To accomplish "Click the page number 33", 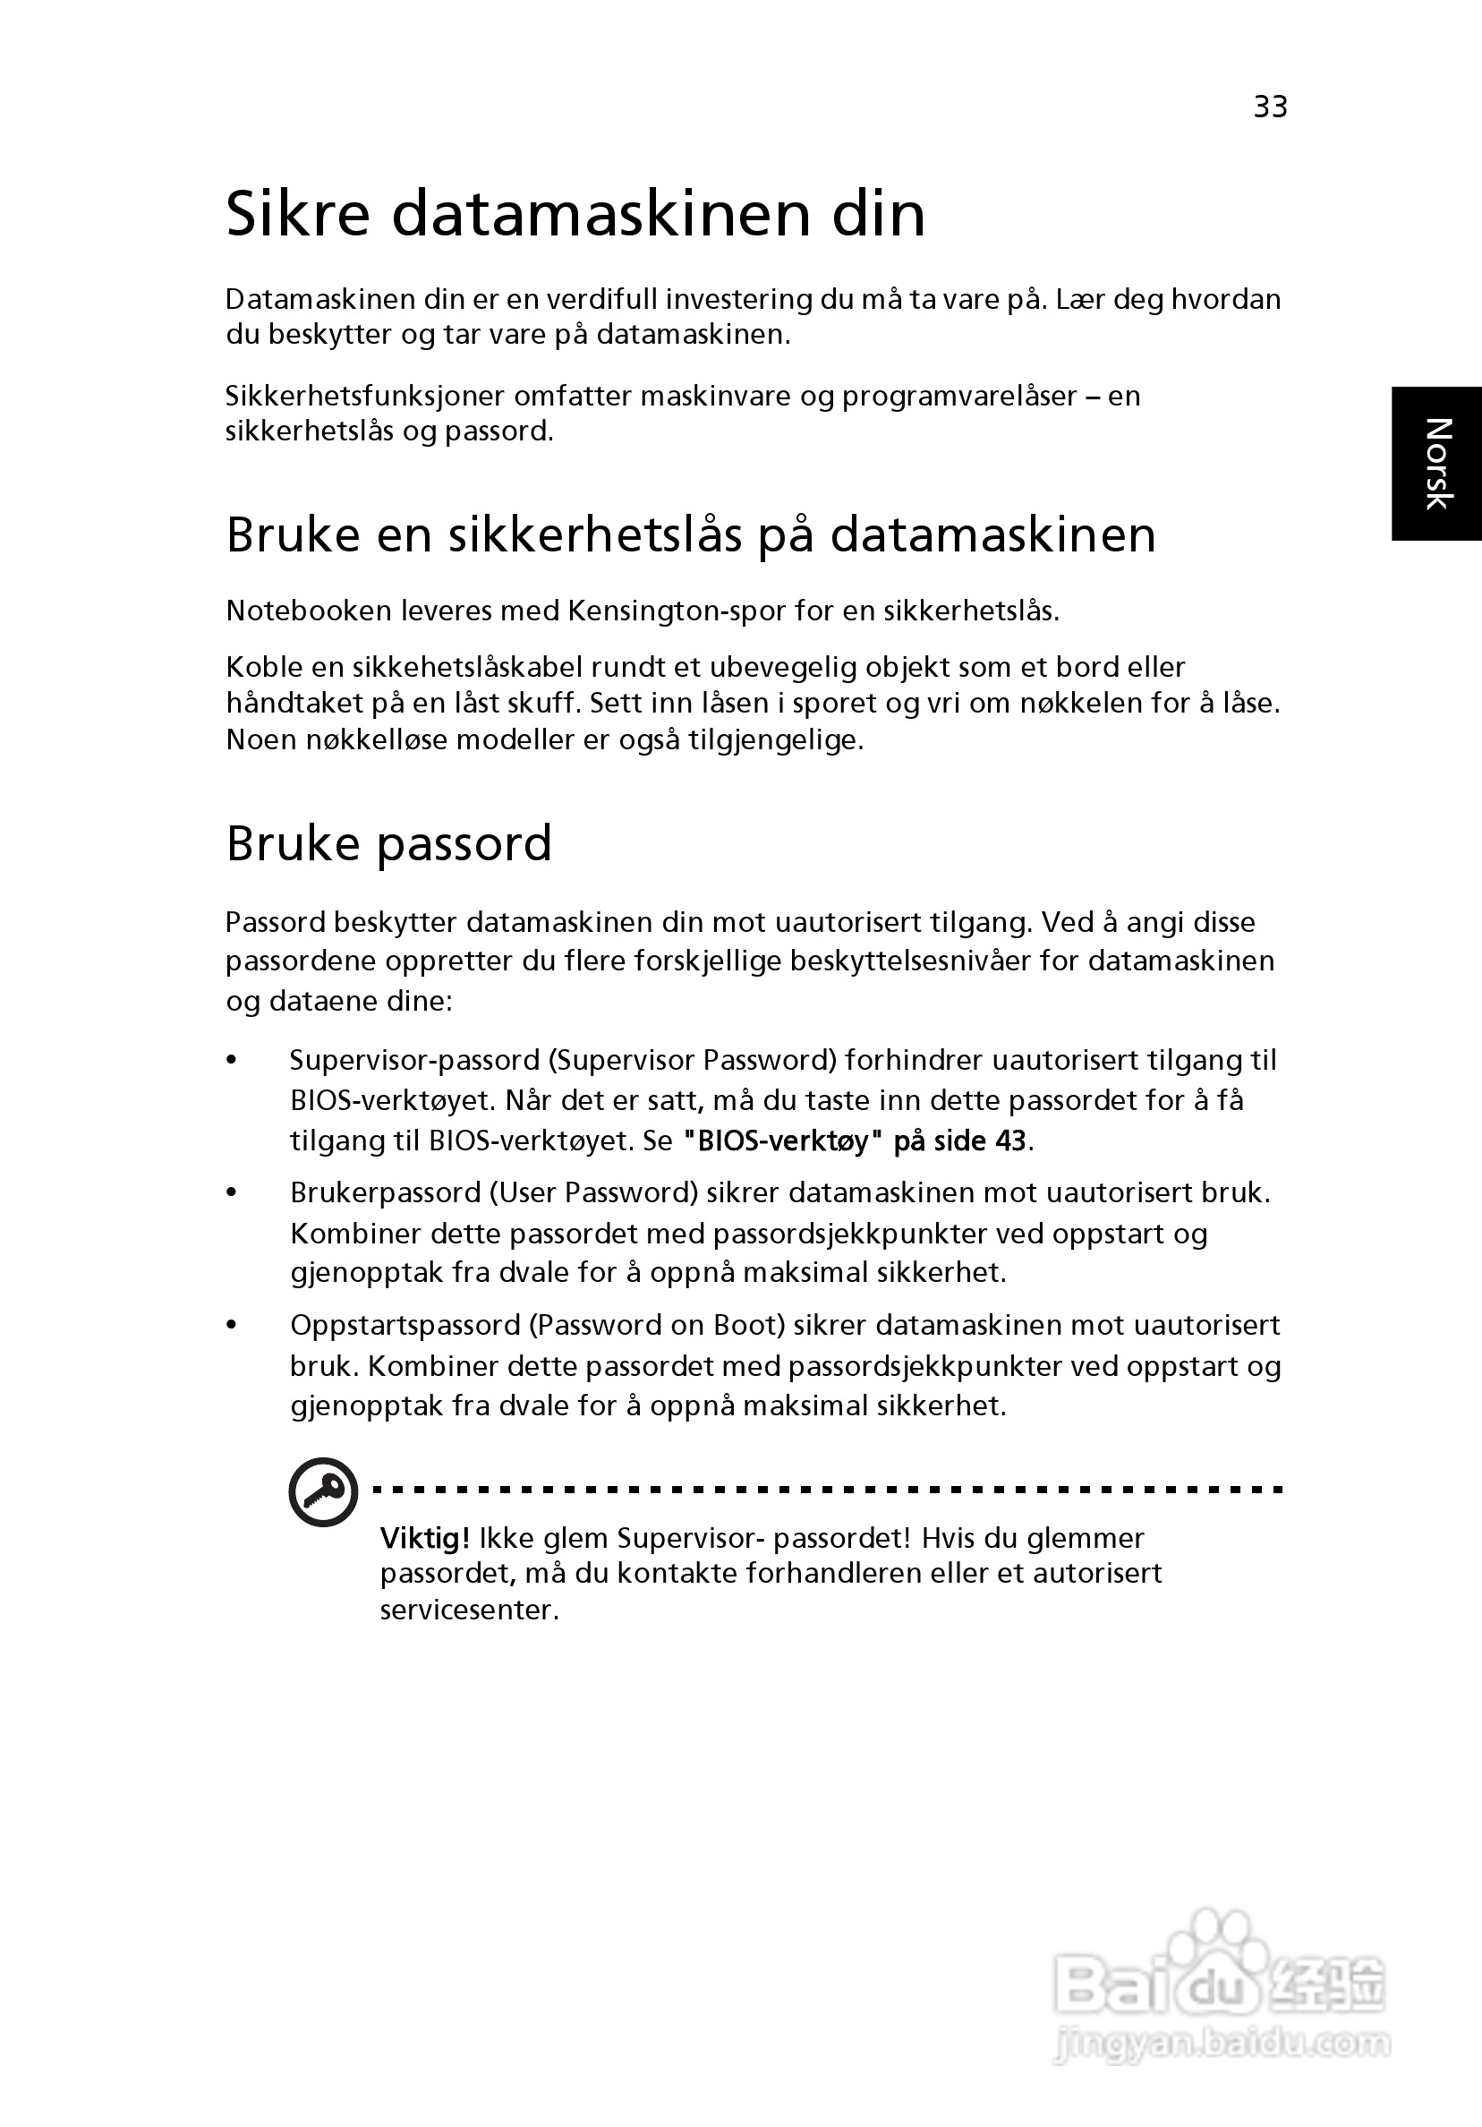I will tap(1270, 107).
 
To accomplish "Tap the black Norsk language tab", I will tap(1436, 463).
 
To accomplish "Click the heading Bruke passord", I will tap(389, 844).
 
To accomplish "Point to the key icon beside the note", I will tap(323, 1492).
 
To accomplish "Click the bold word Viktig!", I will tap(425, 1539).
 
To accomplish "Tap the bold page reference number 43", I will tap(1010, 1140).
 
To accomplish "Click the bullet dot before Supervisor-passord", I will tap(233, 1060).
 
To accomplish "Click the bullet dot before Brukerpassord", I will tap(233, 1192).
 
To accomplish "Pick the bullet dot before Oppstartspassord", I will tap(233, 1325).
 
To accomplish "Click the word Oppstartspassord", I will tap(405, 1326).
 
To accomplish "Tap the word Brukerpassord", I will tap(386, 1193).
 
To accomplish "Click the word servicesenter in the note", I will tap(469, 1610).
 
